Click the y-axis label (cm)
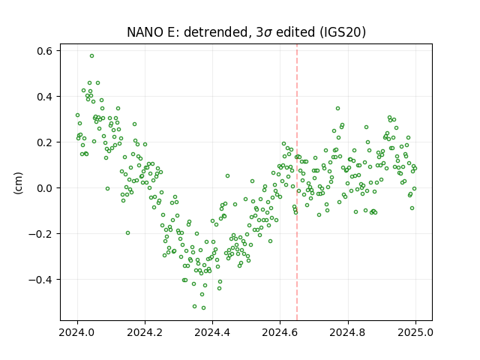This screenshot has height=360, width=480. pos(18,183)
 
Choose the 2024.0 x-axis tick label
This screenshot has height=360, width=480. pos(77,332)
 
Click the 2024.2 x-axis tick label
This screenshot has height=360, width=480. pos(145,332)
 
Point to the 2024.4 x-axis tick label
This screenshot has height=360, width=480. pos(212,332)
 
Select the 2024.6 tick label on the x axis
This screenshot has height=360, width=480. pos(280,332)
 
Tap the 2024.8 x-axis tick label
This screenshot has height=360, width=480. pos(347,332)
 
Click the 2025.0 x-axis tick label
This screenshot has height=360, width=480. pos(415,332)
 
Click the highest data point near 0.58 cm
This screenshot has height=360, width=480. pos(91,56)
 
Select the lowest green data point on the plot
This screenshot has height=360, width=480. pos(203,307)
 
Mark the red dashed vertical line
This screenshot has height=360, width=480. pos(297,182)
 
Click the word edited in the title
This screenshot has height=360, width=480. pos(295,32)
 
